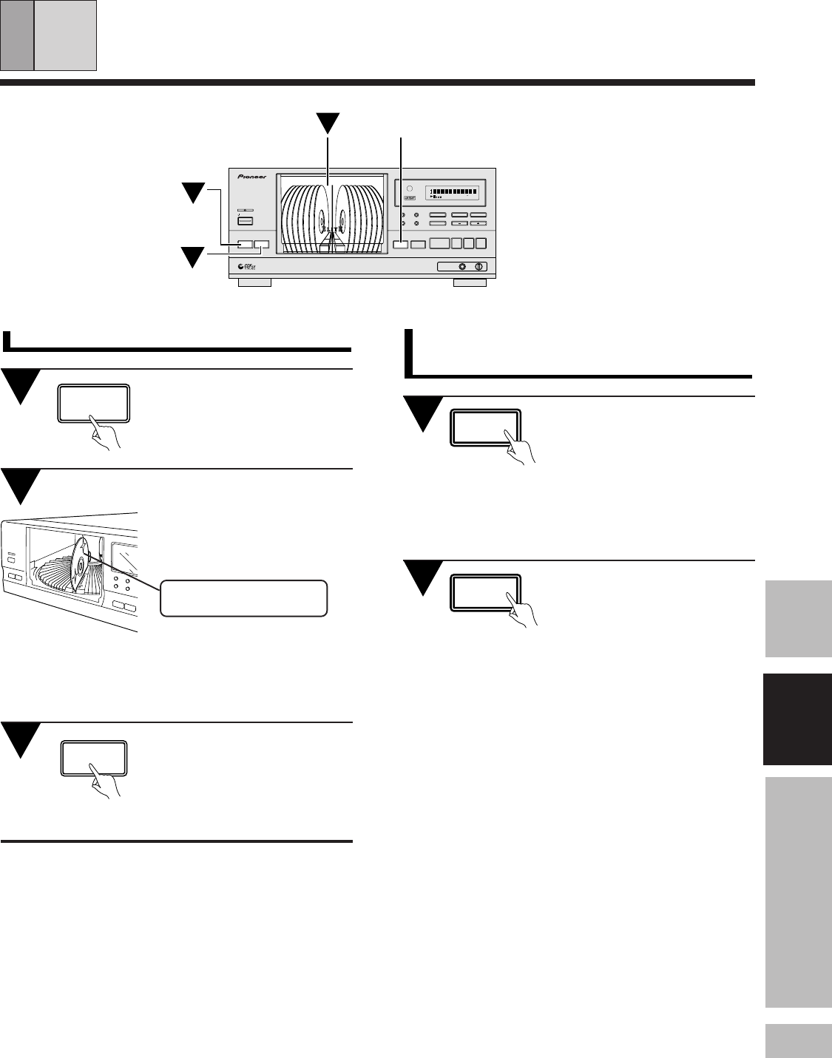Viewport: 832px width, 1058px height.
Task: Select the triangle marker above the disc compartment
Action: tap(325, 123)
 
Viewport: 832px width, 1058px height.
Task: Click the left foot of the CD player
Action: tap(255, 282)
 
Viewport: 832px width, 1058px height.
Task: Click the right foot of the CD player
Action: tap(470, 282)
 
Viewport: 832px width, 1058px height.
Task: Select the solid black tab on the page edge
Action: tap(799, 719)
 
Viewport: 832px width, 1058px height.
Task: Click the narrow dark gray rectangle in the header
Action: tap(17, 35)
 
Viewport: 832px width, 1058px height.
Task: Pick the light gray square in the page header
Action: tap(66, 35)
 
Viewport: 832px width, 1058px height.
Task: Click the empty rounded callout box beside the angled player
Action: tap(244, 598)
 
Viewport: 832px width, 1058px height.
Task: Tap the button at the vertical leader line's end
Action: tap(400, 244)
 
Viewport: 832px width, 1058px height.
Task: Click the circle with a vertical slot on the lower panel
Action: tap(478, 267)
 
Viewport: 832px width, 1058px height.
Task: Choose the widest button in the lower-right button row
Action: tap(440, 243)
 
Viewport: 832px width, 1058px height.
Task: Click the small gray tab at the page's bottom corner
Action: tap(799, 1040)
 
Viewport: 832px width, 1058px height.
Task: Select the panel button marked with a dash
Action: tap(460, 223)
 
